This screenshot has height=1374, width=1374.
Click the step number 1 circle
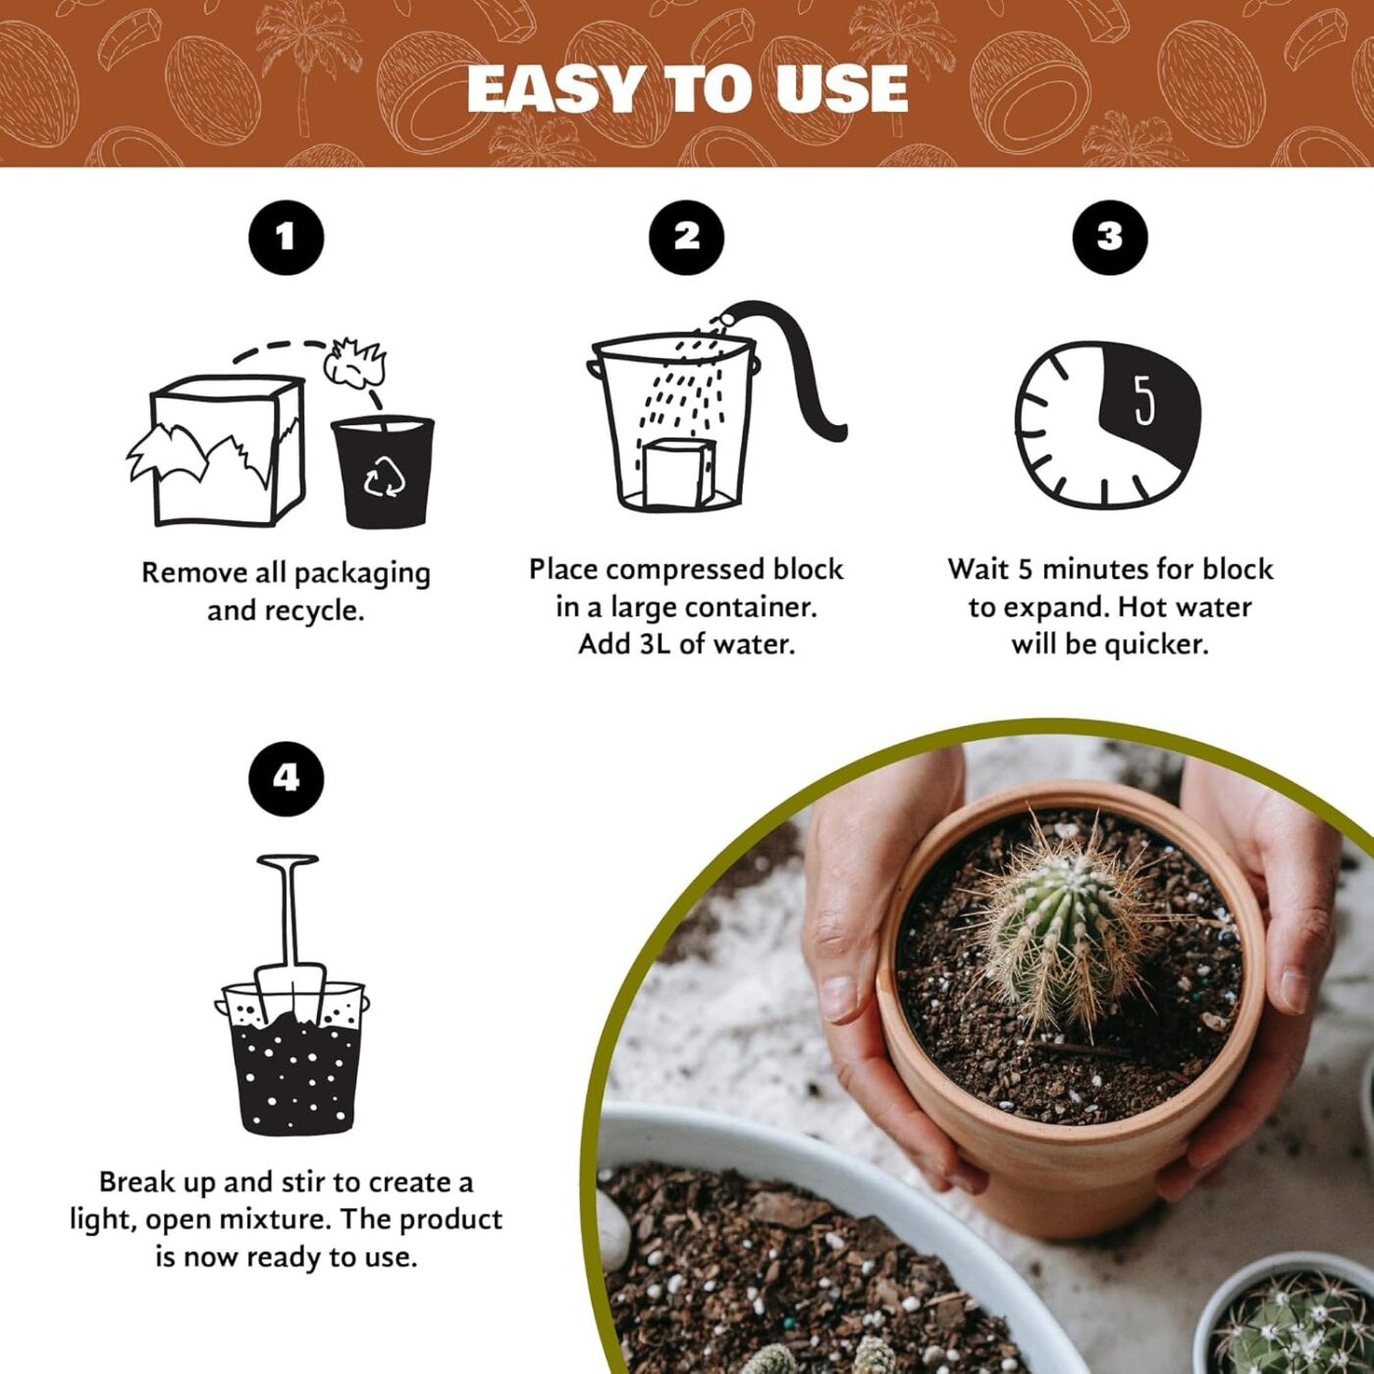point(286,237)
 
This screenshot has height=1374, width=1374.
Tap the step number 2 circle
point(687,237)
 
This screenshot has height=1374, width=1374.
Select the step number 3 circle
point(1109,237)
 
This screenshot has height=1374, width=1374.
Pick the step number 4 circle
point(286,778)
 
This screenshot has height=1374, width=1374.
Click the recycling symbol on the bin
point(384,477)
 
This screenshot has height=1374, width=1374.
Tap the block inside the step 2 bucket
point(675,474)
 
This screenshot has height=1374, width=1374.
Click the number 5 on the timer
point(1144,399)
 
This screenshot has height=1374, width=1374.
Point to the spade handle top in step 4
point(288,862)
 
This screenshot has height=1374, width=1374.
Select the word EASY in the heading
point(556,90)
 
